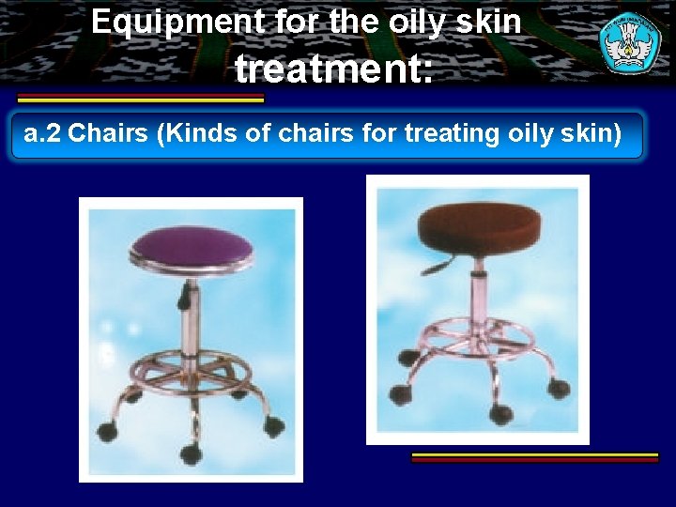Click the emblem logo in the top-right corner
[629, 41]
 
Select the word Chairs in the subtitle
[110, 134]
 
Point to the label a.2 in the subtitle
[42, 134]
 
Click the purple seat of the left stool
[192, 245]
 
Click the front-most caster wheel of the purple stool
[192, 453]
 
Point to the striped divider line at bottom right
[535, 457]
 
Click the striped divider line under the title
[141, 98]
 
